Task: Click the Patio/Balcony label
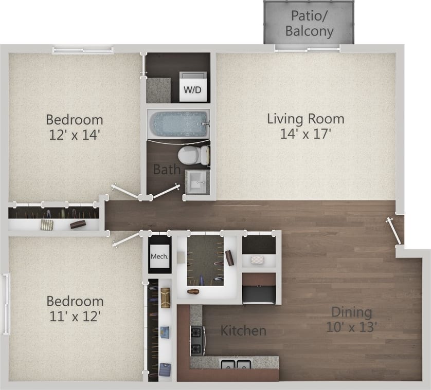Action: coord(309,23)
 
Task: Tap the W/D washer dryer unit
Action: coord(193,86)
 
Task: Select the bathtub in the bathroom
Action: coord(178,123)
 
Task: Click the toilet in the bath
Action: coord(194,155)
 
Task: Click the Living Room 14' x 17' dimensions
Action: coord(306,135)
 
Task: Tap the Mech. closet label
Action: coord(159,255)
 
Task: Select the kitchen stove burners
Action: coord(197,340)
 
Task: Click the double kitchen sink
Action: coord(236,365)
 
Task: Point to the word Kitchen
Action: coord(243,330)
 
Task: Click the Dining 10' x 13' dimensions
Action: coord(352,326)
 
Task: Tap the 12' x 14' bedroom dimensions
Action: coord(75,135)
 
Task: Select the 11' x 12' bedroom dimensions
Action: coord(75,315)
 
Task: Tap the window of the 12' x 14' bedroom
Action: coord(83,50)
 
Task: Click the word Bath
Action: coord(167,169)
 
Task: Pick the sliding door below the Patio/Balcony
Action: coord(308,48)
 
